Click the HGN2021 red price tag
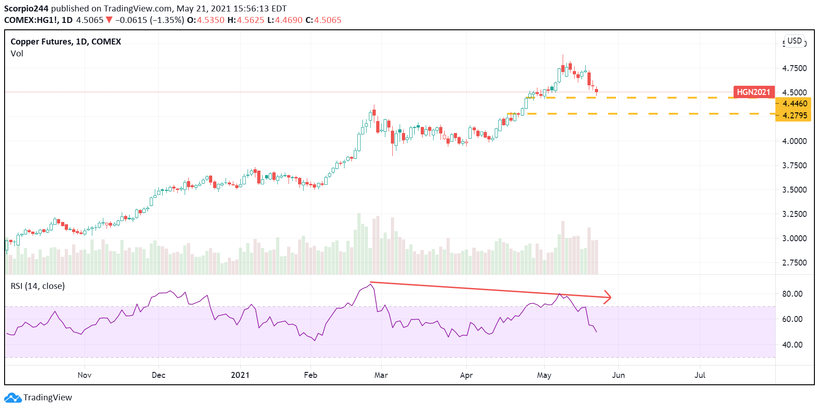click(x=753, y=92)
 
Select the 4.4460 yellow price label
click(x=794, y=104)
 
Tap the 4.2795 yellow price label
click(x=794, y=116)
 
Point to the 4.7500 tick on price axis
click(x=794, y=68)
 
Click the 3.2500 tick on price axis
click(x=794, y=214)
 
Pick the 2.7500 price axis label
click(x=794, y=263)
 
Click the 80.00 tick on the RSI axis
click(x=792, y=294)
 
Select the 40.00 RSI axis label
click(x=792, y=345)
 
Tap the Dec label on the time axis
click(x=158, y=375)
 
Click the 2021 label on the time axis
click(x=240, y=375)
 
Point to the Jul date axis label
click(x=700, y=375)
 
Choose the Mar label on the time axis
click(x=381, y=375)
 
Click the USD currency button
click(x=794, y=41)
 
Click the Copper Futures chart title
click(x=66, y=42)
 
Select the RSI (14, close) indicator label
click(x=38, y=286)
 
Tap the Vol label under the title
click(x=17, y=54)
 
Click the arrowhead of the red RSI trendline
click(x=609, y=297)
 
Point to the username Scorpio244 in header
click(x=26, y=9)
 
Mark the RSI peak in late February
click(x=371, y=284)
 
